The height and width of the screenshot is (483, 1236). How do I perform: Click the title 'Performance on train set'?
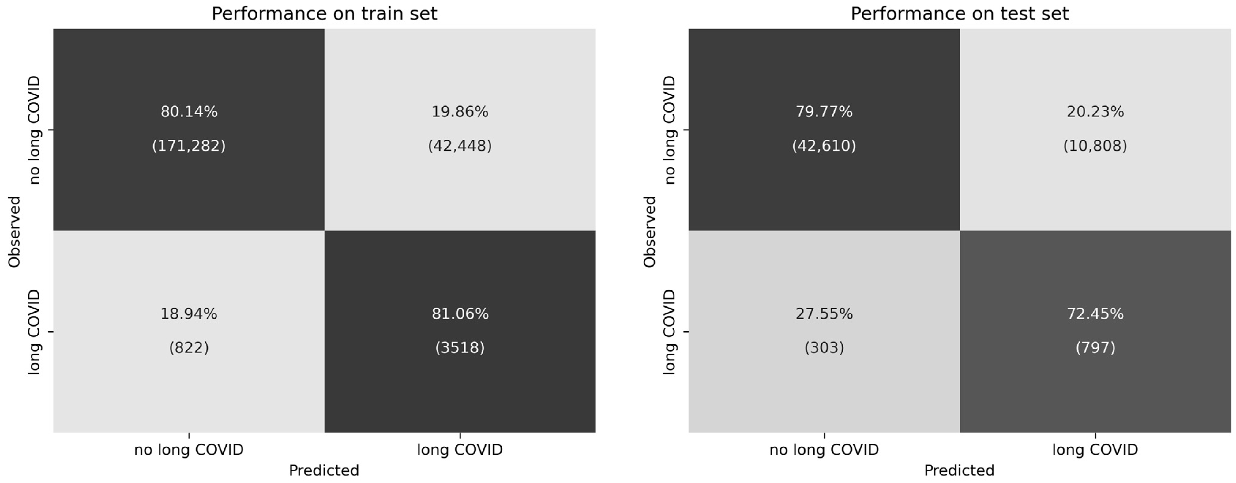tap(324, 13)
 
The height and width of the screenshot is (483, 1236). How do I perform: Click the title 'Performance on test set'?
tap(960, 13)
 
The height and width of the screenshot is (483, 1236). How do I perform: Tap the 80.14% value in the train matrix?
tap(189, 112)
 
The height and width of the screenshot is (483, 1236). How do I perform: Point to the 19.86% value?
tap(460, 112)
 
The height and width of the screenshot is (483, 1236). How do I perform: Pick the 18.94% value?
tap(189, 314)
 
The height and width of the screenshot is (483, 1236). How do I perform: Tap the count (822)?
tap(189, 347)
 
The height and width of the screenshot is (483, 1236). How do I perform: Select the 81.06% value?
tap(460, 314)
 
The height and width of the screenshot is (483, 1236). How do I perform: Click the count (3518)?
tap(460, 347)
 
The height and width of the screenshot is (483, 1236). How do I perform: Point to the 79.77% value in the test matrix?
tap(824, 112)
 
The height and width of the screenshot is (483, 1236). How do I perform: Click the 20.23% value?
tap(1095, 112)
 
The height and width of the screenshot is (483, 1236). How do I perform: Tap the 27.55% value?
tap(824, 314)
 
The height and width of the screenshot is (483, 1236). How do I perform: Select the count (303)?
tap(824, 347)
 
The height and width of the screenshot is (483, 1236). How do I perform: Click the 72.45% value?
tap(1095, 314)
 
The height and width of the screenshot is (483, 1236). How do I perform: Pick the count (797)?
tap(1095, 347)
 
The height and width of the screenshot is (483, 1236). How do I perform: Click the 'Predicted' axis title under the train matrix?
tap(324, 470)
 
